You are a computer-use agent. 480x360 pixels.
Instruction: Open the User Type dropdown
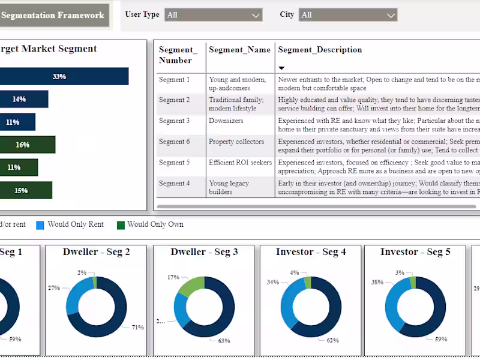tap(214, 15)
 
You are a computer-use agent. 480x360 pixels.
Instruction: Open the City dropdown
tap(348, 15)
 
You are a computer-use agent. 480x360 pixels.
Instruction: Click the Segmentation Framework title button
tap(53, 16)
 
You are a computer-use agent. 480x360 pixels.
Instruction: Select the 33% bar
tap(60, 76)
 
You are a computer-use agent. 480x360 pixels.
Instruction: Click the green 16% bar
tap(27, 145)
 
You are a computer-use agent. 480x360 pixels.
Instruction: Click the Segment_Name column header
tap(239, 50)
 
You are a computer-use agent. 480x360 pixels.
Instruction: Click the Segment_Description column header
tap(320, 50)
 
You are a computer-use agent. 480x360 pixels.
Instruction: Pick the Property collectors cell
tap(236, 142)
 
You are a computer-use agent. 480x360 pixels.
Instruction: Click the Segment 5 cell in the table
tap(174, 163)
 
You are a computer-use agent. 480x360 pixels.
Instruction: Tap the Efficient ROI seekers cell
tap(240, 163)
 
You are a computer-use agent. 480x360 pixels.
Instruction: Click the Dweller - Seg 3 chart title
tap(204, 252)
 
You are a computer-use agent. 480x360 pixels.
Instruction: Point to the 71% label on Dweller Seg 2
tap(137, 327)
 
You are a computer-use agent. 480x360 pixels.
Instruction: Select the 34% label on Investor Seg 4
tap(272, 282)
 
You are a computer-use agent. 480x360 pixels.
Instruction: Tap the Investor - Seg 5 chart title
tap(415, 252)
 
